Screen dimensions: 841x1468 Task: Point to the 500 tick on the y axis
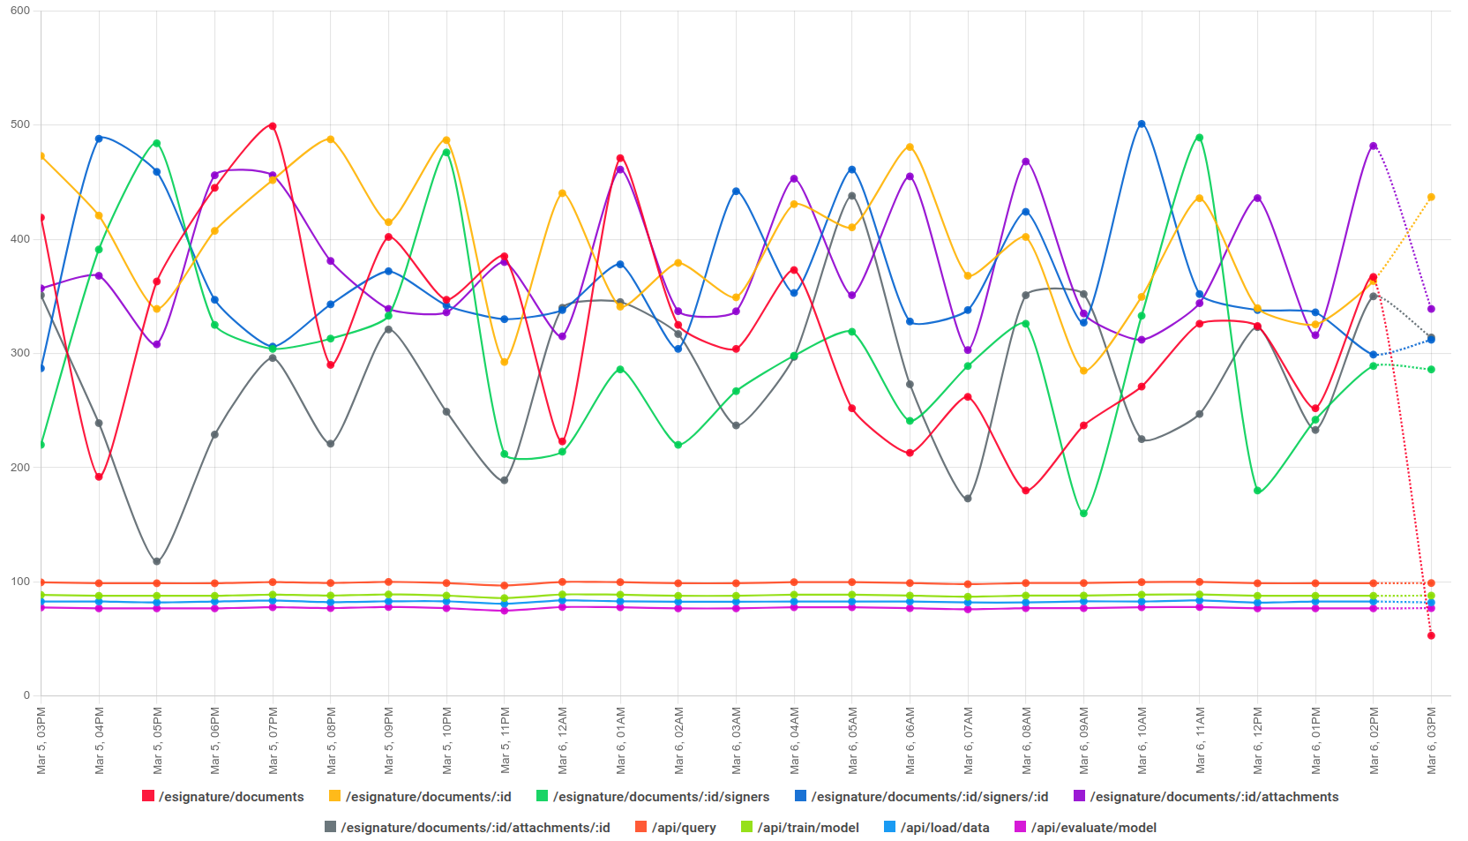[x=19, y=124]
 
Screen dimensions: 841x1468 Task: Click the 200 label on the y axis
[x=19, y=468]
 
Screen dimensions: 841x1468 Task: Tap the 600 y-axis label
[x=19, y=11]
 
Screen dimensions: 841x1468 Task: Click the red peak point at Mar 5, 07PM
[x=273, y=126]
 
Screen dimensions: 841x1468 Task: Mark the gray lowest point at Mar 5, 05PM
[x=157, y=561]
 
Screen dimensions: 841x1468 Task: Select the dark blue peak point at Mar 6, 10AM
[x=1142, y=124]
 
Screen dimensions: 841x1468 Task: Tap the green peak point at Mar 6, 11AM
[x=1199, y=138]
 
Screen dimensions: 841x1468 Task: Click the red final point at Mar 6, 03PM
[x=1431, y=635]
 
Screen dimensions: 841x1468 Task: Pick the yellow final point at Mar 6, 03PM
[x=1431, y=197]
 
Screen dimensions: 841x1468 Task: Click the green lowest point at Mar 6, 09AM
[x=1083, y=514]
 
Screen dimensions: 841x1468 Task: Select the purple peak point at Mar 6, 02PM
[x=1373, y=146]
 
